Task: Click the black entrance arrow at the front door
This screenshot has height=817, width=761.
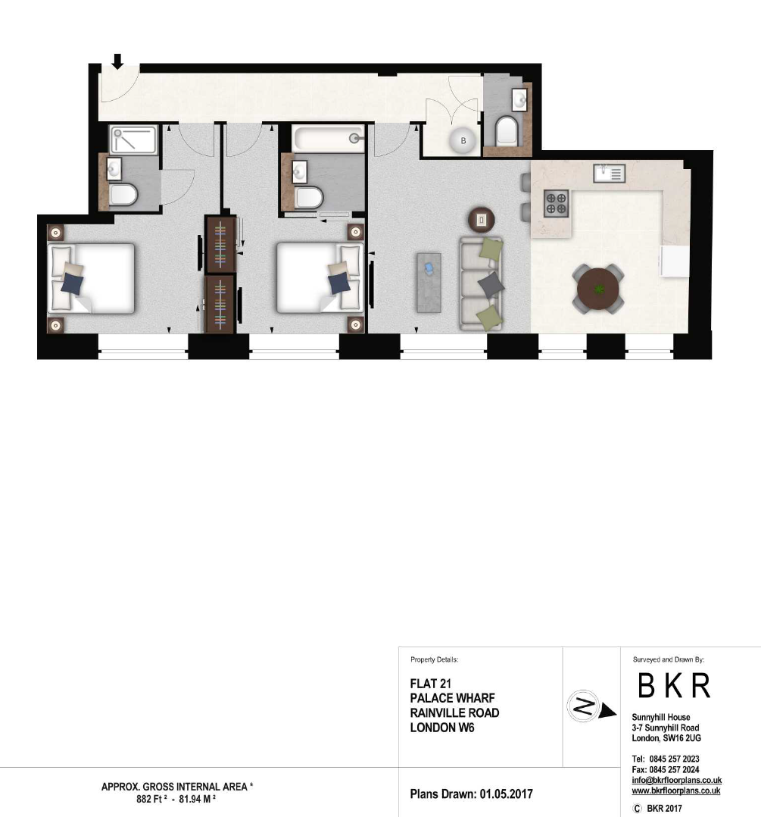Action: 117,61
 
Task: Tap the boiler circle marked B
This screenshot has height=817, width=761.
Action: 463,140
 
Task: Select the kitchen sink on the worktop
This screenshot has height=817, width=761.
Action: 609,173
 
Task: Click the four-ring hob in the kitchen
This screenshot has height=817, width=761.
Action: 556,203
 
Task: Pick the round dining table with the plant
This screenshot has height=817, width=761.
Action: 599,289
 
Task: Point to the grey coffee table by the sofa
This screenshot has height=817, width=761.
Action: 429,283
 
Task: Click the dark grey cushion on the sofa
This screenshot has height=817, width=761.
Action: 491,284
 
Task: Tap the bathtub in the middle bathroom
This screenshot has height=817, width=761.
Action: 328,138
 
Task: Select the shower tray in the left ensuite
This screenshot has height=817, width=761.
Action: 133,139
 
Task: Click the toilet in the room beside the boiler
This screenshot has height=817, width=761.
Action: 506,131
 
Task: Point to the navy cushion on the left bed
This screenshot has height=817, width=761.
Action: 72,284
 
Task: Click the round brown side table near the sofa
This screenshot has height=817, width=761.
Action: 481,220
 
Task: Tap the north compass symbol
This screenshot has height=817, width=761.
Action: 584,706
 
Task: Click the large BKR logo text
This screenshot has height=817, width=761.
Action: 674,685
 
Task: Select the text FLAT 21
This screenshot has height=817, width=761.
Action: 430,684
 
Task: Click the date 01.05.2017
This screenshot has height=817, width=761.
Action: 506,794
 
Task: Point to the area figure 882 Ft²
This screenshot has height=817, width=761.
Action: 151,799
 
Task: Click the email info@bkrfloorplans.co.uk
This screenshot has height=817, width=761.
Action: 677,780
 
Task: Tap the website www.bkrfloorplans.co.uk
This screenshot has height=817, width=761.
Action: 676,790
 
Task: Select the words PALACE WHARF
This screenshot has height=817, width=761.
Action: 452,698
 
